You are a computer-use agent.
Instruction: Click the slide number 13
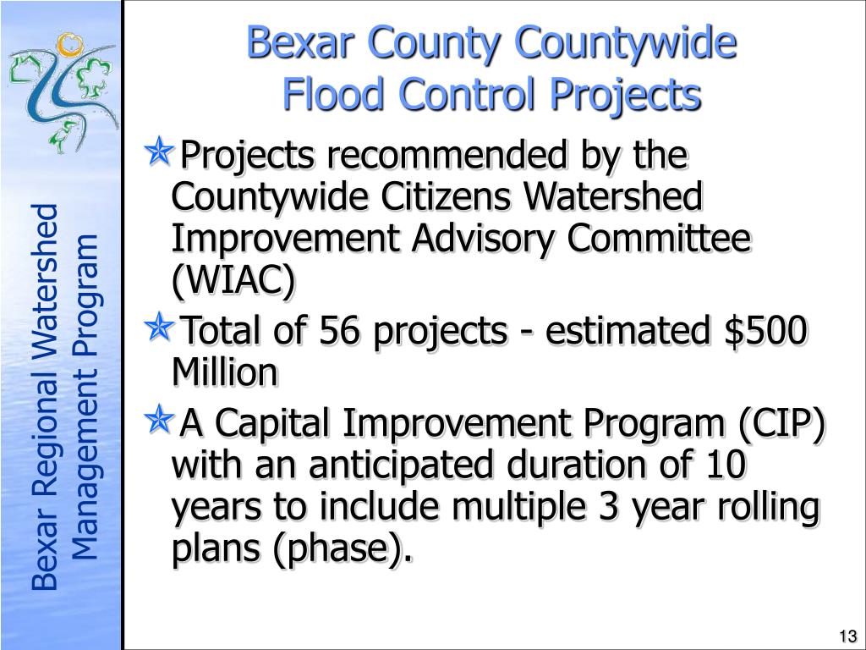pyautogui.click(x=847, y=636)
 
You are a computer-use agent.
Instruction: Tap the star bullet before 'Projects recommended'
pyautogui.click(x=159, y=151)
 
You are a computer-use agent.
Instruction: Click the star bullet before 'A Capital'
pyautogui.click(x=159, y=419)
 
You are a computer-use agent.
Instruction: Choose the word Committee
pyautogui.click(x=659, y=238)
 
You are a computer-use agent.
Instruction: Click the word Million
pyautogui.click(x=224, y=372)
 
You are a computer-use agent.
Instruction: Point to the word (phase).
pyautogui.click(x=343, y=548)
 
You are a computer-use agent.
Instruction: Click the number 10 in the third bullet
pyautogui.click(x=725, y=465)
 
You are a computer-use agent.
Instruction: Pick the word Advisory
pyautogui.click(x=481, y=240)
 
